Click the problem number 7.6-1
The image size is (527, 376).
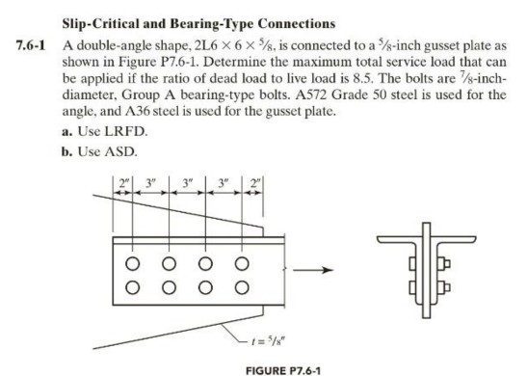(x=23, y=44)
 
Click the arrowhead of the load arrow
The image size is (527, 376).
(x=323, y=272)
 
